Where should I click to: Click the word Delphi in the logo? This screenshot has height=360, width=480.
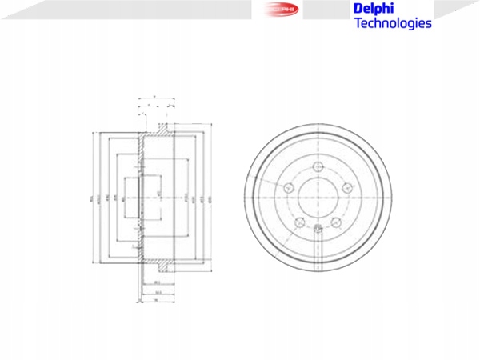373,9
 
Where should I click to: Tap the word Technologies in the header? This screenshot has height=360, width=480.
392,23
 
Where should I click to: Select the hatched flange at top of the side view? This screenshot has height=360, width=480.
162,128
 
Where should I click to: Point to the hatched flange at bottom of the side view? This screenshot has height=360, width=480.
162,265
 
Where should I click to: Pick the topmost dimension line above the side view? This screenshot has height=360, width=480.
156,94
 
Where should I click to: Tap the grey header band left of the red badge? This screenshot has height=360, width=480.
120,10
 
